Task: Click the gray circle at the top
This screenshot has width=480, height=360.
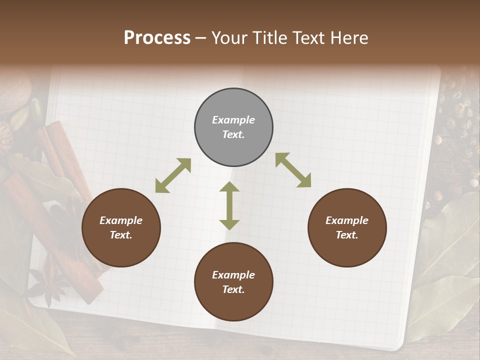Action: [233, 127]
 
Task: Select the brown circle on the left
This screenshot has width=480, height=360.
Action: [121, 228]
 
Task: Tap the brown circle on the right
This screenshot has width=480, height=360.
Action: [347, 228]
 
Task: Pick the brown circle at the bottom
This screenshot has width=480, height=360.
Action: [233, 282]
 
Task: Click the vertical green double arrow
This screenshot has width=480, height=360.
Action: [229, 205]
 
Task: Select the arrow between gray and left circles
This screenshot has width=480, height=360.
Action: [173, 175]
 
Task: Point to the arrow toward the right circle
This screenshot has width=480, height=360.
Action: [293, 170]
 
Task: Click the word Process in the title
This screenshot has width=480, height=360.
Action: [157, 37]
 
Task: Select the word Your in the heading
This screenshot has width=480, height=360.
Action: [229, 37]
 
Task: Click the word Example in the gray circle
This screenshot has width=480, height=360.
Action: [233, 120]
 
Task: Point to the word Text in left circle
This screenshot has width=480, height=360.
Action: [120, 235]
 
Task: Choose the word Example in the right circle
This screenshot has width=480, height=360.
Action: [347, 220]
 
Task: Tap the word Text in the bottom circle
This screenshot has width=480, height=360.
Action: [232, 289]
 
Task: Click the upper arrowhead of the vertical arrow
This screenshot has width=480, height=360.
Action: [229, 187]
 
